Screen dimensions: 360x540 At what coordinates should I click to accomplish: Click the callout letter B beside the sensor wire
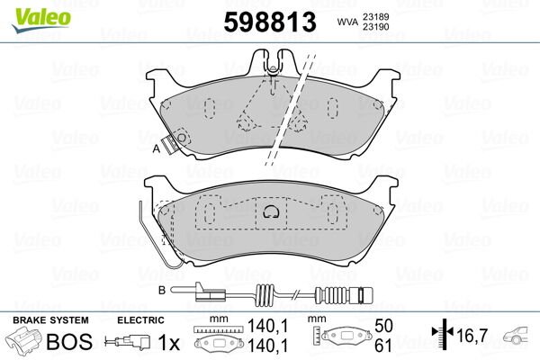click(x=161, y=289)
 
